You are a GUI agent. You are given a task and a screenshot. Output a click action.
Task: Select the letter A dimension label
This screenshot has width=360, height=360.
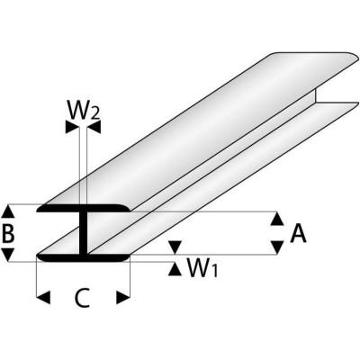(x=298, y=234)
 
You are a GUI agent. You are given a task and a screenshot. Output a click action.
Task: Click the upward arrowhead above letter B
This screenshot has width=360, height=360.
(x=9, y=211)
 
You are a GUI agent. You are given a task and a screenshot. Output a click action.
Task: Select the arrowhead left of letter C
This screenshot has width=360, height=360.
(x=41, y=296)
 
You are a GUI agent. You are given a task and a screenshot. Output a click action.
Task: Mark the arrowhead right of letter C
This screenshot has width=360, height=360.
(x=125, y=296)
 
